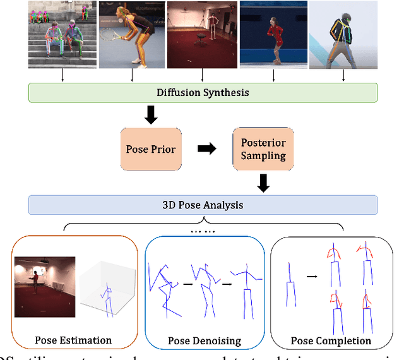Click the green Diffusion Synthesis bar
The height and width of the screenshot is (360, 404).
203,93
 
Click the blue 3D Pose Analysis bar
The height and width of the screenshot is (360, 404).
203,205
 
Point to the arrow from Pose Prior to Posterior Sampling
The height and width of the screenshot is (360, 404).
206,149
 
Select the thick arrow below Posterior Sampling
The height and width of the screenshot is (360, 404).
263,183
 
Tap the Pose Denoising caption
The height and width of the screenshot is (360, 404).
205,340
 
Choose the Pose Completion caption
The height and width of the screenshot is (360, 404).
331,340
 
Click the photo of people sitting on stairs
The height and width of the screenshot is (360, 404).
62,34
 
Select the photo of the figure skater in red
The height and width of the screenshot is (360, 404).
273,34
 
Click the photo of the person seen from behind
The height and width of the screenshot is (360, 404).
344,34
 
